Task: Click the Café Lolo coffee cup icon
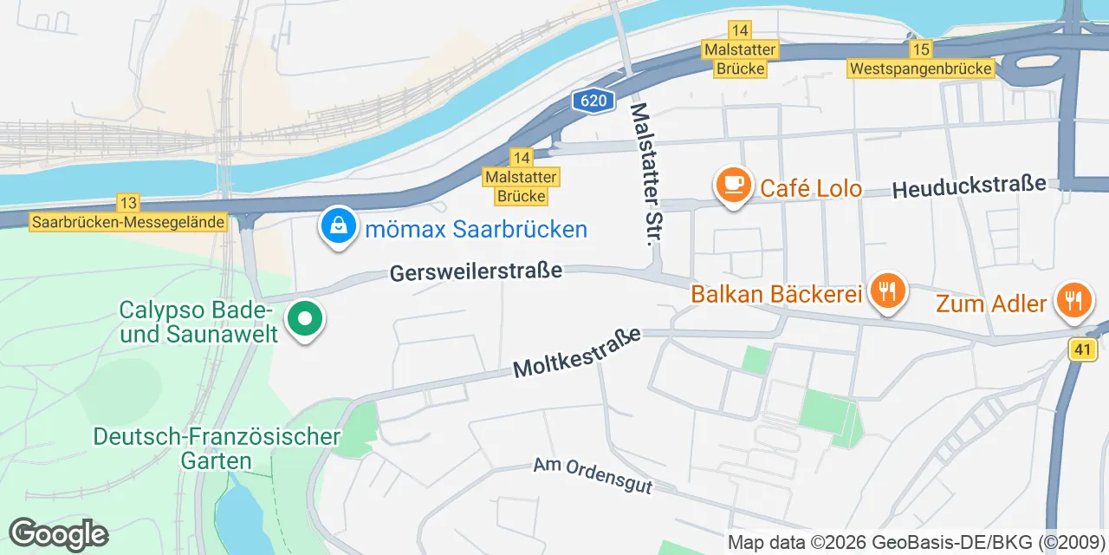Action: click(x=734, y=185)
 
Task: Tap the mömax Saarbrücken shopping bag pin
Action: click(x=339, y=226)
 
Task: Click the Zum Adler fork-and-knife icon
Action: click(x=1074, y=300)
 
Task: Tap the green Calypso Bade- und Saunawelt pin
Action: click(x=304, y=319)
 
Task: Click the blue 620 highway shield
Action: click(x=593, y=101)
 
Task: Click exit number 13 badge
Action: click(x=128, y=203)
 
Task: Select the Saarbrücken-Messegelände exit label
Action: click(x=128, y=222)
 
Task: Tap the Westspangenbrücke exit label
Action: click(x=921, y=69)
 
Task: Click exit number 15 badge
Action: click(x=921, y=49)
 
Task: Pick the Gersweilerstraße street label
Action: click(x=476, y=271)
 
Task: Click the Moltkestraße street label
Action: click(x=577, y=352)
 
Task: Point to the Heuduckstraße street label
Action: click(x=969, y=186)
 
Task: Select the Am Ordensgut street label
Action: click(x=592, y=475)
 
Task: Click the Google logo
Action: click(x=59, y=534)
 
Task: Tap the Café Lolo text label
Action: click(x=810, y=188)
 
